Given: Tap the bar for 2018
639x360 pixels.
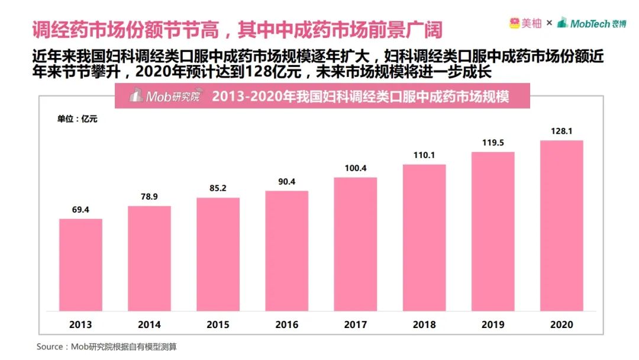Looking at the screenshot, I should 424,239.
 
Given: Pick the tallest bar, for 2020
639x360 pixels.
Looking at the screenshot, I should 561,226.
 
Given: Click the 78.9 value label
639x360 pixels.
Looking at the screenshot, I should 149,196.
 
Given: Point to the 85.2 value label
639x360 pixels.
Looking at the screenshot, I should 218,188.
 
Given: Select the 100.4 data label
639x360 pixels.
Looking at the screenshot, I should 356,168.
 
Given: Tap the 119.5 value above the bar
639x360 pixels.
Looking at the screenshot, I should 493,143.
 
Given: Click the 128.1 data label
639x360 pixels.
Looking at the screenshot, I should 561,131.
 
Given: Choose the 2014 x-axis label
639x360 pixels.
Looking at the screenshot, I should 149,324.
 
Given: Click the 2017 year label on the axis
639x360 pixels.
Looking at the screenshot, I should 356,324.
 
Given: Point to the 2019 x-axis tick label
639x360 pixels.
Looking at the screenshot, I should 493,324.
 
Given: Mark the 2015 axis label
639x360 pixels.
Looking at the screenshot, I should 218,324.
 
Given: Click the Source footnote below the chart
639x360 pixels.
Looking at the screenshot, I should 106,346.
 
